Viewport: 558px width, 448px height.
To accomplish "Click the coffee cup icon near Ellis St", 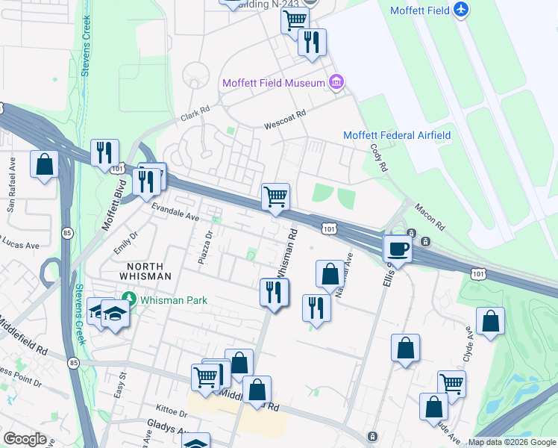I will point(397,249).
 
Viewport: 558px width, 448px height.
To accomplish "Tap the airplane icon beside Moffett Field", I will point(462,10).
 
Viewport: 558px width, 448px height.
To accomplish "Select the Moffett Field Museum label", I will point(273,82).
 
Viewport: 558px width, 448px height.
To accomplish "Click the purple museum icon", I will point(336,82).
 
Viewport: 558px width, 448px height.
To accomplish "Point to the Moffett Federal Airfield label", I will point(396,135).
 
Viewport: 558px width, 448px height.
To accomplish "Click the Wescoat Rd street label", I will point(286,121).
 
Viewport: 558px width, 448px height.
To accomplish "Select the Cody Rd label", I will point(379,158).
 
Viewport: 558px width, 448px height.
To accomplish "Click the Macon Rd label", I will point(429,216).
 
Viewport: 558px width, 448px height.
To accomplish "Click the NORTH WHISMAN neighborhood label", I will point(149,271).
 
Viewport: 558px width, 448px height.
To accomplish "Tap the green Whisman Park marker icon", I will point(129,299).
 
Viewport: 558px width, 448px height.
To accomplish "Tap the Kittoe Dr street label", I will point(171,411).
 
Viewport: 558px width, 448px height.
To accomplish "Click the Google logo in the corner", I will point(25,439).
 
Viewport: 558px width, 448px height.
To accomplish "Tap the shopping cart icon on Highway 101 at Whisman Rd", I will point(275,197).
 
